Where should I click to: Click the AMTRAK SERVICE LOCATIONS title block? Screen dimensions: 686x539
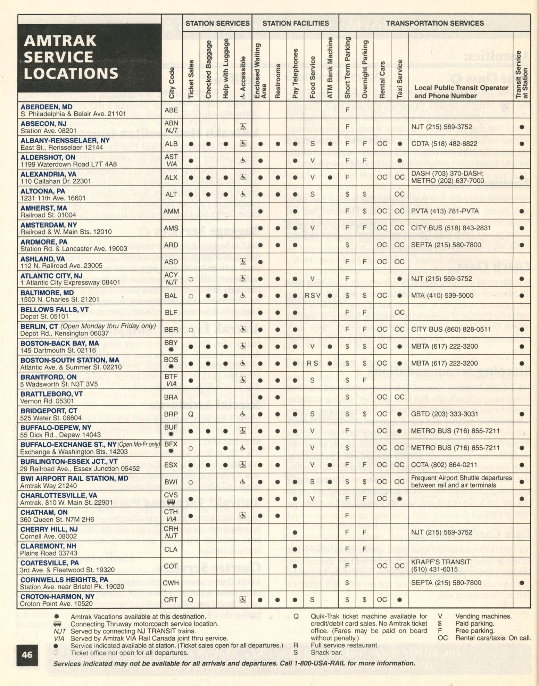[x=89, y=57]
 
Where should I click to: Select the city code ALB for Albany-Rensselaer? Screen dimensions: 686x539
[x=171, y=144]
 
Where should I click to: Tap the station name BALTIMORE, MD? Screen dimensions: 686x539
[x=47, y=292]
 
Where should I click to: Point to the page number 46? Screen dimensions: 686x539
[x=27, y=655]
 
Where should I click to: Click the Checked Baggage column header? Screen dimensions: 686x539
[x=208, y=69]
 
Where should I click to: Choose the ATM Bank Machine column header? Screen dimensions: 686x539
[x=330, y=68]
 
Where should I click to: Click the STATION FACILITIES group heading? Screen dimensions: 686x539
[x=296, y=23]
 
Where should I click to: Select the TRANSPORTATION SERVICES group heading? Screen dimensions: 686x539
[x=435, y=23]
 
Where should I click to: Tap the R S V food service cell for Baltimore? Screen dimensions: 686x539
[x=313, y=296]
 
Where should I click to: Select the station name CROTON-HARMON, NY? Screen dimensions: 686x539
[x=57, y=596]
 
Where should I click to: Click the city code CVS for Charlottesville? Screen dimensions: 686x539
[x=171, y=495]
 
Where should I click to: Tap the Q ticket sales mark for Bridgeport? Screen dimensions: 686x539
[x=191, y=414]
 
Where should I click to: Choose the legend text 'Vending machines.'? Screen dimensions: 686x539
[x=483, y=617]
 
